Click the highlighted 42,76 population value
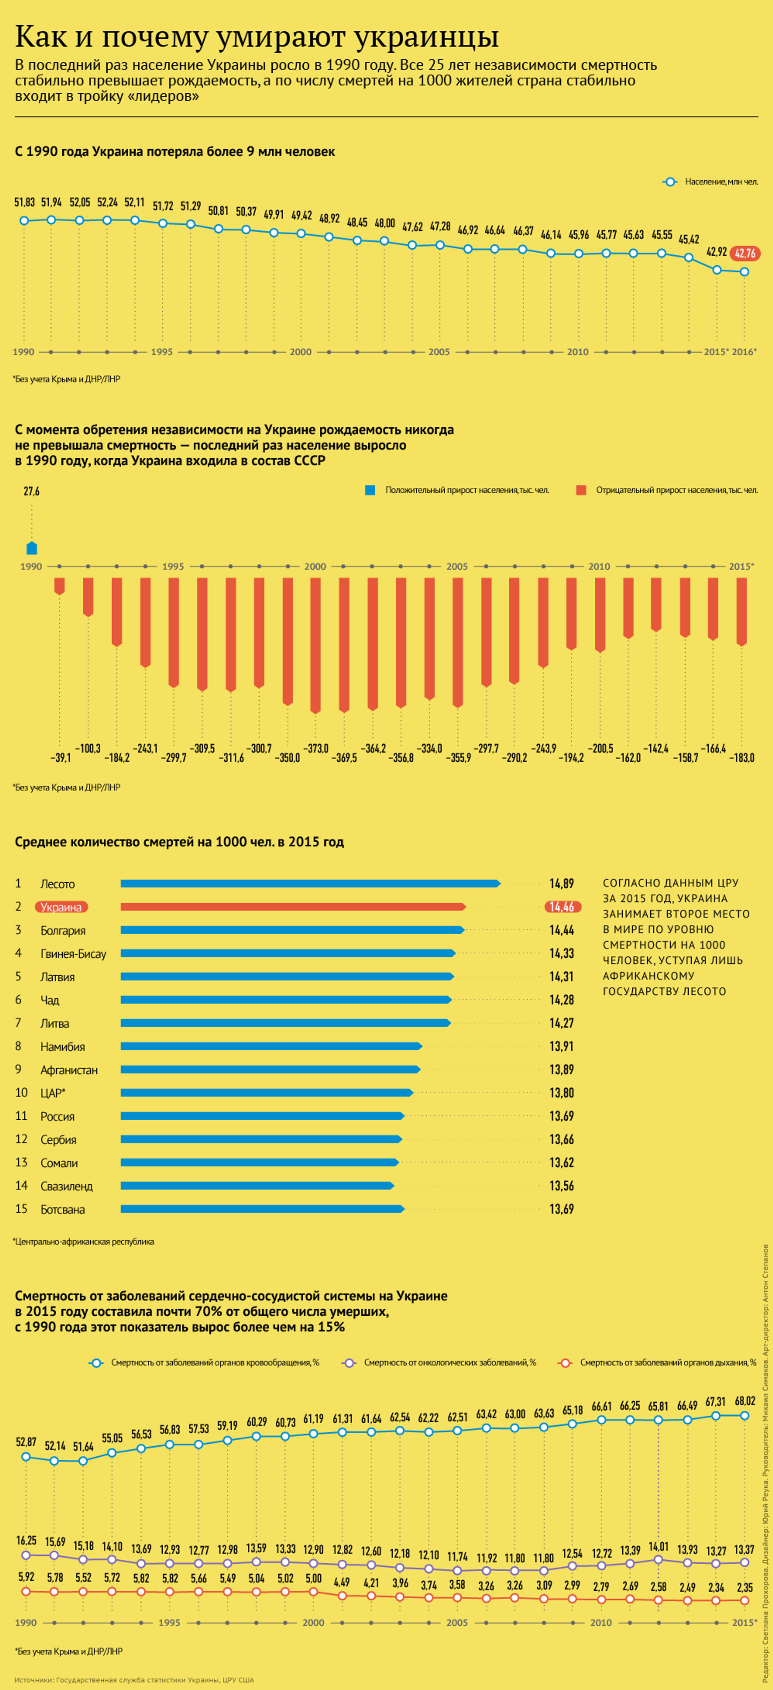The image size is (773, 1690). point(745,253)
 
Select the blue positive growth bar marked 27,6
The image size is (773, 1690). point(31,548)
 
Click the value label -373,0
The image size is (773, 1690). point(315,749)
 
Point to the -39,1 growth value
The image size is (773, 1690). point(60,758)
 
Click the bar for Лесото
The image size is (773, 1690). point(310,884)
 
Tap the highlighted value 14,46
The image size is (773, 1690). point(562,907)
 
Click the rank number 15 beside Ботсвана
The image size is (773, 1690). point(21,1209)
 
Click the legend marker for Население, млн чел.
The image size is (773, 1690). point(670,182)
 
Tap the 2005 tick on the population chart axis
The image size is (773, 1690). point(439,352)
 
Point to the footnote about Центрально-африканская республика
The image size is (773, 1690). point(84,1241)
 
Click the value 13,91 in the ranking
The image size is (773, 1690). point(561,1047)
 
